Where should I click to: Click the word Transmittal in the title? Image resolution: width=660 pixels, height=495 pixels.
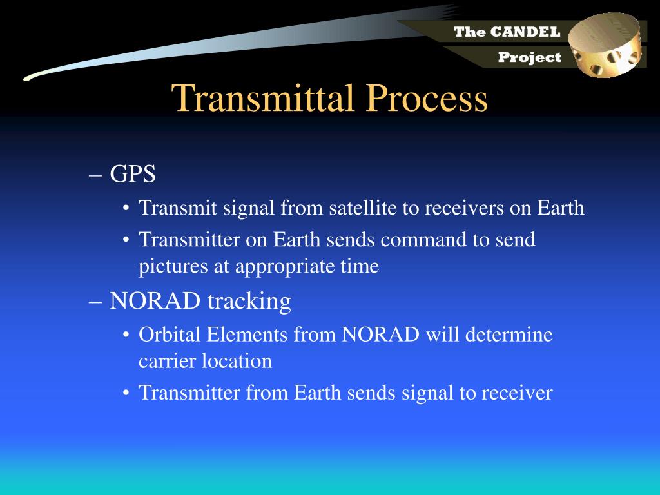click(263, 98)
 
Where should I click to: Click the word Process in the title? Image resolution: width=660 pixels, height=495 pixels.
click(427, 98)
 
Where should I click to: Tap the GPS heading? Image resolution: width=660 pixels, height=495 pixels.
click(133, 173)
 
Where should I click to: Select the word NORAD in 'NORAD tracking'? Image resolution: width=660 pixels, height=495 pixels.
click(155, 301)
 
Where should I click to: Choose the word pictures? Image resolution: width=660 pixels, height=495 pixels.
click(173, 266)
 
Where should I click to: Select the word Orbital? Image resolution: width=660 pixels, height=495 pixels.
click(170, 335)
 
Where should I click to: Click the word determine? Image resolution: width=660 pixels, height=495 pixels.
click(509, 335)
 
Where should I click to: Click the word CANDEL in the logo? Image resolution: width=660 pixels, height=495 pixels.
click(525, 32)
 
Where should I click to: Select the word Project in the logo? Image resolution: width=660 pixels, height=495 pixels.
click(530, 57)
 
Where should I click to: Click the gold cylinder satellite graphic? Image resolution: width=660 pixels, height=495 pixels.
click(606, 44)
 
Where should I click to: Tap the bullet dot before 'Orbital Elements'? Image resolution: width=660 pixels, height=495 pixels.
click(126, 335)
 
